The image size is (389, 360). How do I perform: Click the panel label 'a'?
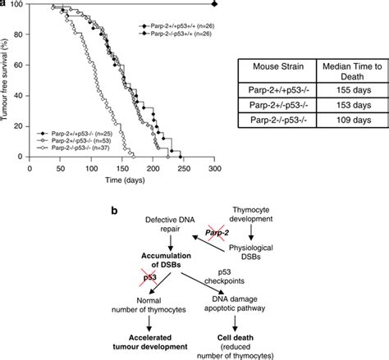3,4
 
